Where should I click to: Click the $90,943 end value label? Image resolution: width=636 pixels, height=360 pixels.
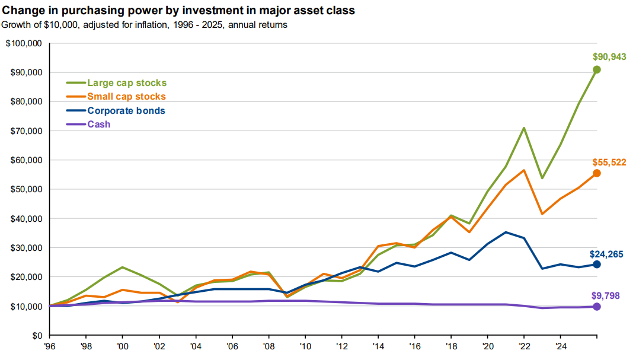point(609,57)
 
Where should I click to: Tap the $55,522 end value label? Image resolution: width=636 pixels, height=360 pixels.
point(609,163)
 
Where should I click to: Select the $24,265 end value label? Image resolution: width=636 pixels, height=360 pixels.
point(606,254)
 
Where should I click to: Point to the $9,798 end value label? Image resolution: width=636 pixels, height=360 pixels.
point(606,296)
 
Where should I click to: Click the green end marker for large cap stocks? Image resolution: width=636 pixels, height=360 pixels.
point(597,70)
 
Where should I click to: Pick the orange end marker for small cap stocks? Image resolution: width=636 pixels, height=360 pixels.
point(597,173)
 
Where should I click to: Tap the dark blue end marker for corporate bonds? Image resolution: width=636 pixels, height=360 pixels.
point(597,265)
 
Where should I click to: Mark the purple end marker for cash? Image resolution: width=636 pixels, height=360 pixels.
point(597,307)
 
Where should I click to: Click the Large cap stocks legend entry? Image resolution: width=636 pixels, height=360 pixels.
point(116,83)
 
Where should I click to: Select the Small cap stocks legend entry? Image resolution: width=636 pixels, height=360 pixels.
point(116,97)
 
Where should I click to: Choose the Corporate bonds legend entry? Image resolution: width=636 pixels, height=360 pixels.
point(116,111)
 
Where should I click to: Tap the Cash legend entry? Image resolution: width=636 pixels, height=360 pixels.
point(88,124)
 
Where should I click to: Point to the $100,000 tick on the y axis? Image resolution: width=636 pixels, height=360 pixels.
point(24,43)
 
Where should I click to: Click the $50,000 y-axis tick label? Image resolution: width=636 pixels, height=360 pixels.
point(26,190)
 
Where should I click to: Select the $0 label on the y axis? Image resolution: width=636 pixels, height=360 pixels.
point(37,336)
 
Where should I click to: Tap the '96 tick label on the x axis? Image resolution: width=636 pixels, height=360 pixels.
point(49,346)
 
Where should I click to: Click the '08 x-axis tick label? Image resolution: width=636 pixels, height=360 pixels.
point(269,346)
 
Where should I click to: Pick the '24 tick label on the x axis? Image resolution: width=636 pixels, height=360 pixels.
point(561,346)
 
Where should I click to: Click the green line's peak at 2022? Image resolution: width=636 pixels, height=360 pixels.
point(524,128)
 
